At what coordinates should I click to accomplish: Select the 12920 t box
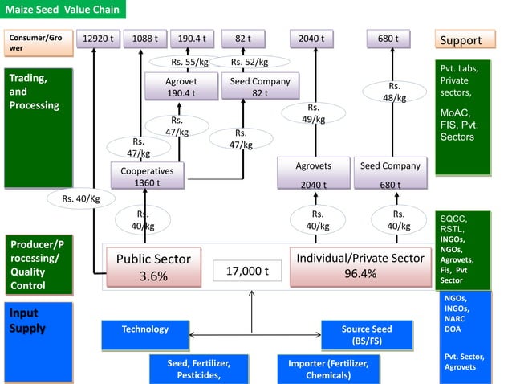click(x=100, y=39)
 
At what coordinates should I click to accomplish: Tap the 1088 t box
click(x=145, y=39)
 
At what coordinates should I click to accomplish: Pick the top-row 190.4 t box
click(x=192, y=39)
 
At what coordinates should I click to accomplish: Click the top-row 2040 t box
click(x=311, y=39)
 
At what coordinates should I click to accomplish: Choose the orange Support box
click(x=461, y=40)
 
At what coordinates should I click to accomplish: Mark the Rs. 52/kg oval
click(x=249, y=62)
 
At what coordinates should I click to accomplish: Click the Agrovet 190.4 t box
click(x=181, y=87)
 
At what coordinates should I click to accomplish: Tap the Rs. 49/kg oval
click(x=313, y=113)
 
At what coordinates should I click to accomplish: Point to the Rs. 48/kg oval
click(x=394, y=92)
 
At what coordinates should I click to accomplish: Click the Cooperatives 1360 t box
click(x=147, y=176)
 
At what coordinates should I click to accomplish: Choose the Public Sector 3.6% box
click(x=153, y=268)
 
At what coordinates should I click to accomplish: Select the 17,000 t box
click(x=246, y=272)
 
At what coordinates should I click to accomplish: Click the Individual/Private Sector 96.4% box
click(x=360, y=266)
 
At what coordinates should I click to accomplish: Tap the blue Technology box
click(x=145, y=329)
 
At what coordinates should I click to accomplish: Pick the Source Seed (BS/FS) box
click(x=367, y=335)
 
